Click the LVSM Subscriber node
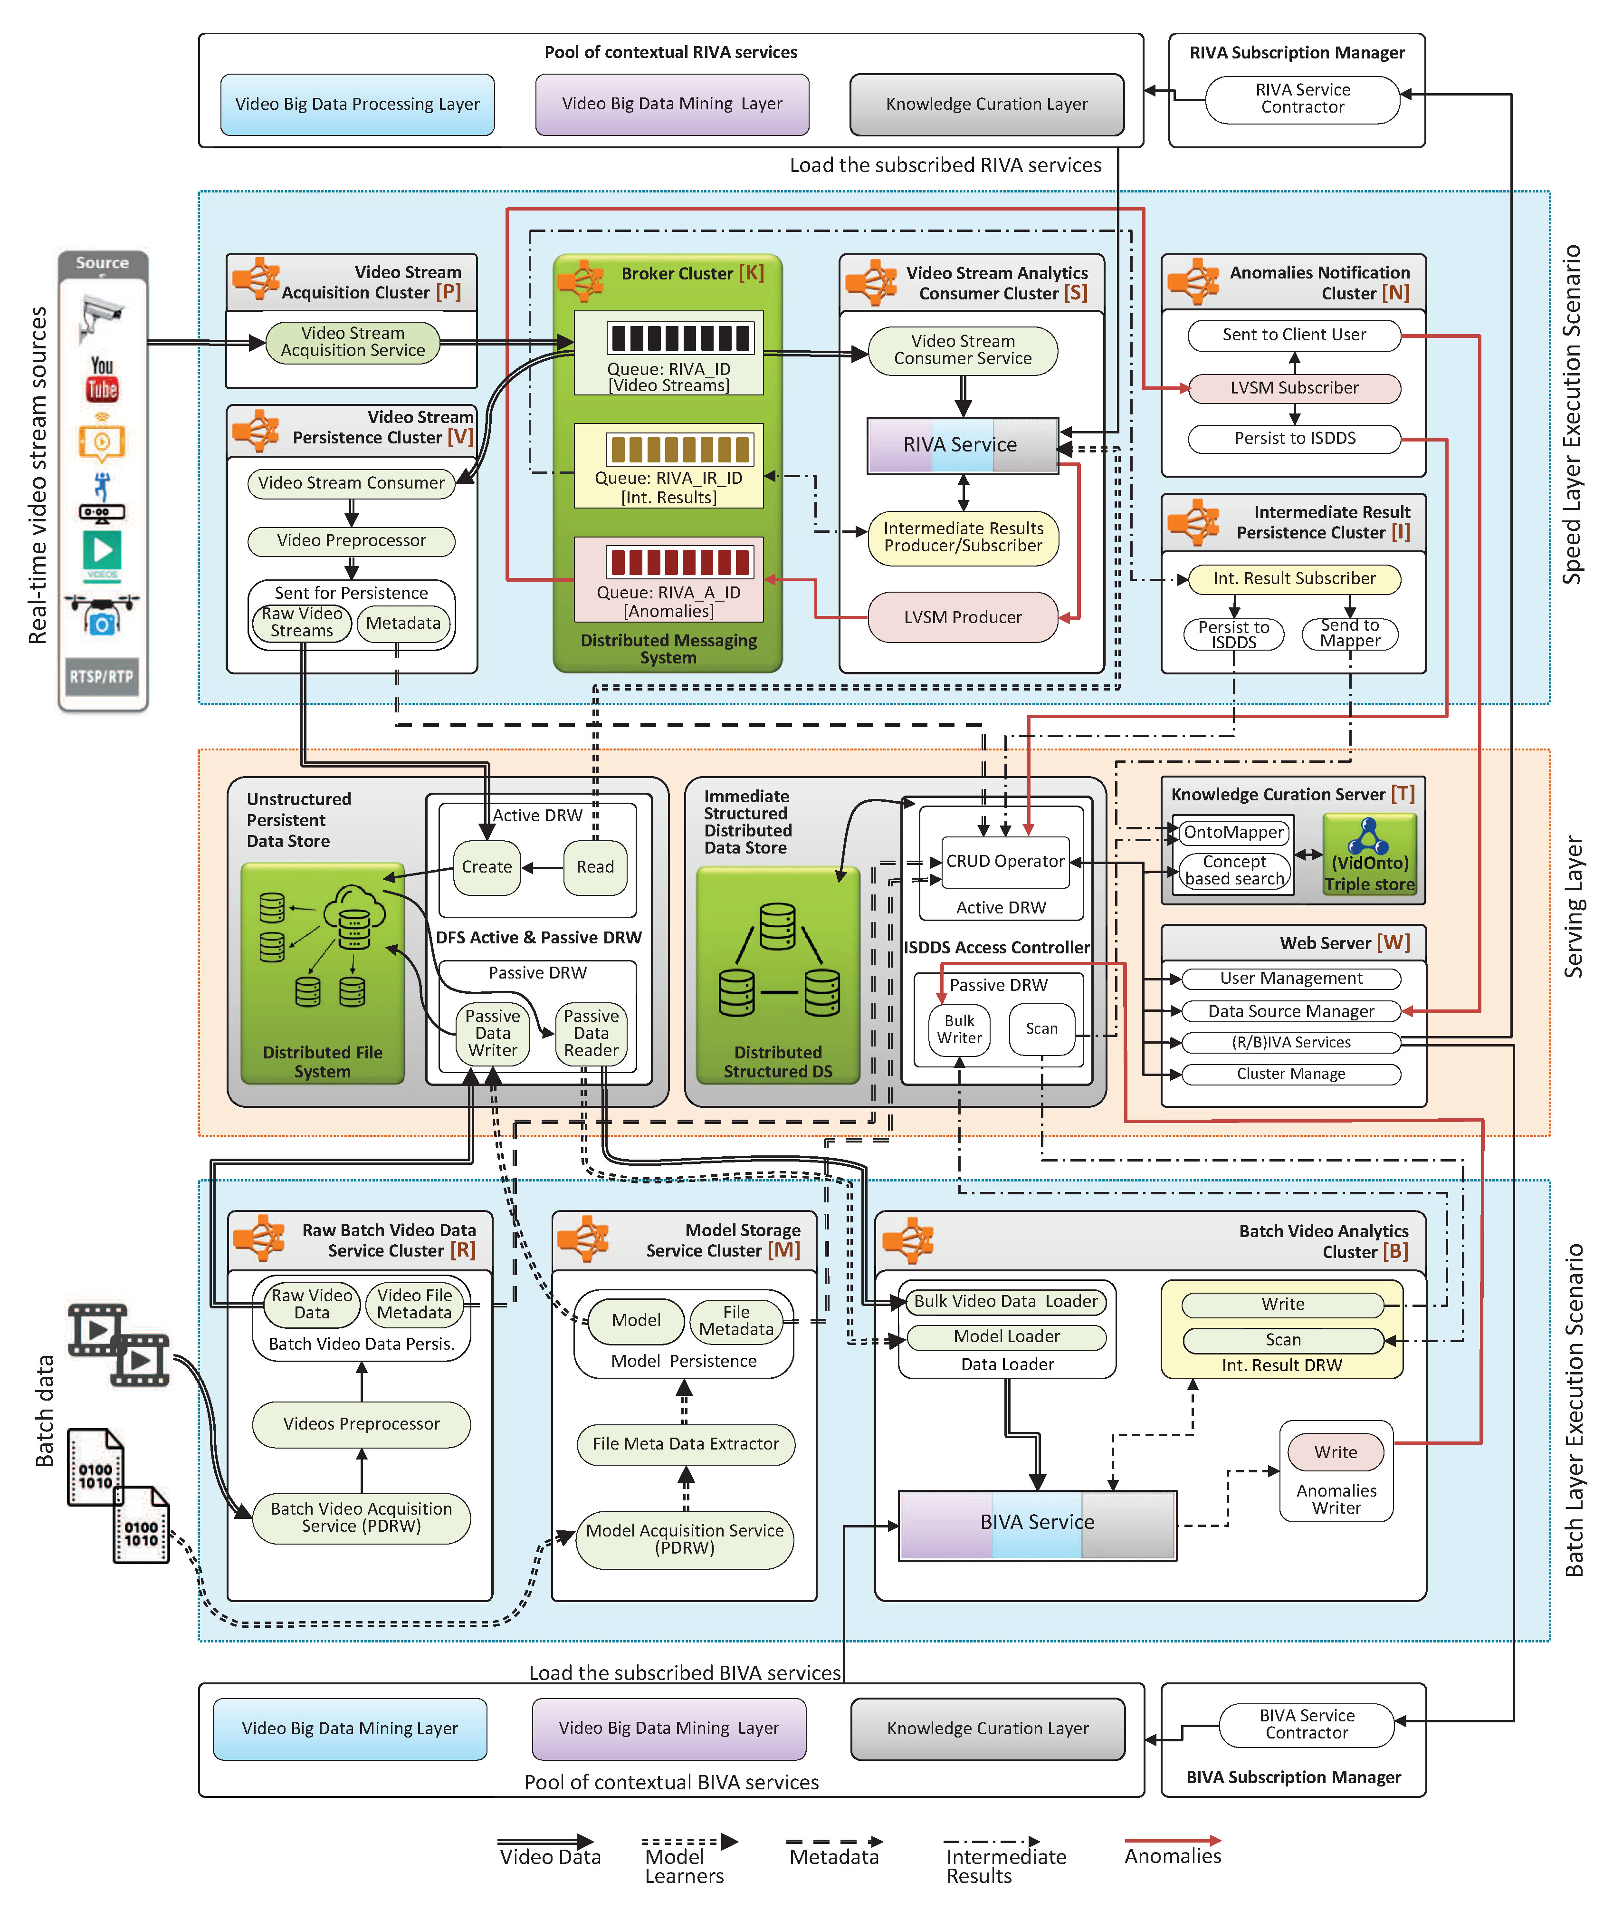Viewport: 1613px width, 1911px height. click(x=1294, y=388)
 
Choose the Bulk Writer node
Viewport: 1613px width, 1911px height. click(x=959, y=1029)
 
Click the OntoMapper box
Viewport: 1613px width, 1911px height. click(x=1233, y=833)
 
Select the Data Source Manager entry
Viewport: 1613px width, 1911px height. click(x=1291, y=1011)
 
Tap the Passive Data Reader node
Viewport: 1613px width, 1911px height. click(x=591, y=1033)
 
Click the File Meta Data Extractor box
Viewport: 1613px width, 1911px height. click(x=686, y=1443)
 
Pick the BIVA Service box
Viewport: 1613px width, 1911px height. click(x=1037, y=1522)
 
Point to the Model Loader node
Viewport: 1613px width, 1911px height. click(x=1007, y=1336)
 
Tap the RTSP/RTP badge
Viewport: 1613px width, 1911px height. click(x=102, y=677)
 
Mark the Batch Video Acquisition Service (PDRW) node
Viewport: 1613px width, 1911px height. click(x=361, y=1517)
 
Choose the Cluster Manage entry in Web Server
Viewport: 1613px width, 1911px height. click(x=1291, y=1074)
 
